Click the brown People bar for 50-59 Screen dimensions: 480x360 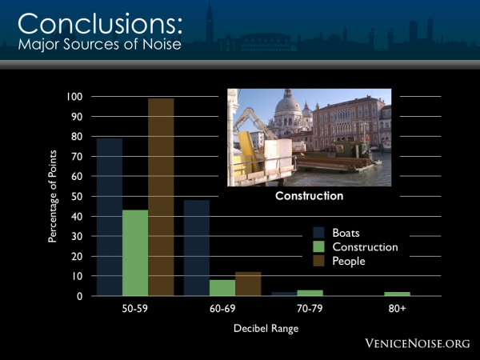pos(161,197)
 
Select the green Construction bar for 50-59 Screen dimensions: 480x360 pos(135,253)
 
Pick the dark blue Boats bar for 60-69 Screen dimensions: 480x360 pos(197,248)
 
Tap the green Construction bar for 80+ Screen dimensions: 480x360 pos(397,294)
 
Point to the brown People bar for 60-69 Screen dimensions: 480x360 pos(248,284)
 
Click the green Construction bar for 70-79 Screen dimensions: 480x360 pos(310,293)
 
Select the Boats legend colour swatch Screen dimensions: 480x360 pos(318,233)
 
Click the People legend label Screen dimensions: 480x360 pos(349,261)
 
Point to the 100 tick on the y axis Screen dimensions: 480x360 pos(74,97)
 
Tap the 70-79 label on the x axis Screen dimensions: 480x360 pos(310,309)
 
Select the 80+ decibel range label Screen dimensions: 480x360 pos(397,309)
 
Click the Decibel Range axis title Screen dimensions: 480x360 pos(266,329)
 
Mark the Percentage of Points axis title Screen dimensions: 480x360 pos(52,196)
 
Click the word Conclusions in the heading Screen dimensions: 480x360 pos(97,24)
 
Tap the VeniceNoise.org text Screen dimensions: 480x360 pos(418,343)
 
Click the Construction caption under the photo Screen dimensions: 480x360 pos(309,196)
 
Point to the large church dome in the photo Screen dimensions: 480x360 pos(288,104)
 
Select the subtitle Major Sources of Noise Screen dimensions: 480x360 pos(99,44)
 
